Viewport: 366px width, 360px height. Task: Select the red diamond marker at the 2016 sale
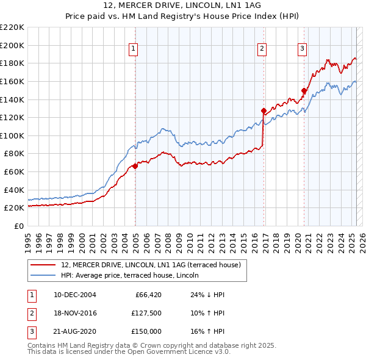coord(264,111)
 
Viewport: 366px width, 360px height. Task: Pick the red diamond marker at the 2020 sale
coord(304,91)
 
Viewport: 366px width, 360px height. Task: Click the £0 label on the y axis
coord(20,226)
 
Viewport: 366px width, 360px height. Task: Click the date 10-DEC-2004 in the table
coord(75,295)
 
